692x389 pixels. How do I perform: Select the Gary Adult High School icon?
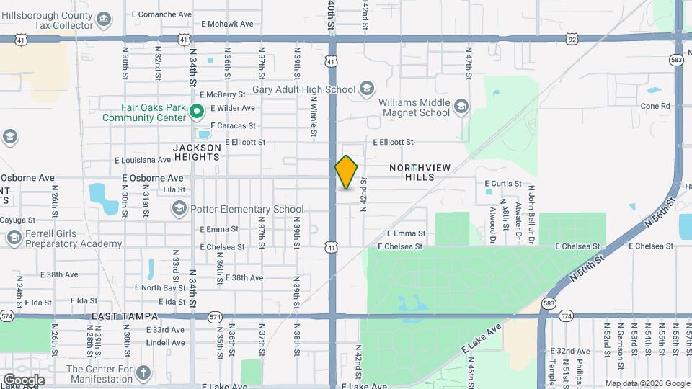point(366,89)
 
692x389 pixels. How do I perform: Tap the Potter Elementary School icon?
point(179,209)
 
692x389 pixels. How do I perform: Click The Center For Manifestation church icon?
point(143,373)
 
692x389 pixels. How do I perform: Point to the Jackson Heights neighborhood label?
point(196,152)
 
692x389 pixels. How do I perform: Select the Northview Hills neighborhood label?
point(420,172)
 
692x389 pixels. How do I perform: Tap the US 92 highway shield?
point(572,37)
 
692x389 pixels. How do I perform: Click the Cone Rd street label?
point(655,106)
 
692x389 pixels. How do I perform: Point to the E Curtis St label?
point(502,184)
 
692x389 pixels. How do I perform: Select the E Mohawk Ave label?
point(227,24)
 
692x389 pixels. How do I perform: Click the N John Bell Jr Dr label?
point(531,214)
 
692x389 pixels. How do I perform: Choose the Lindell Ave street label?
point(165,342)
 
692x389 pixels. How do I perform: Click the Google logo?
point(24,380)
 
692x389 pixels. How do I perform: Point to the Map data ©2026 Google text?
point(647,383)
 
